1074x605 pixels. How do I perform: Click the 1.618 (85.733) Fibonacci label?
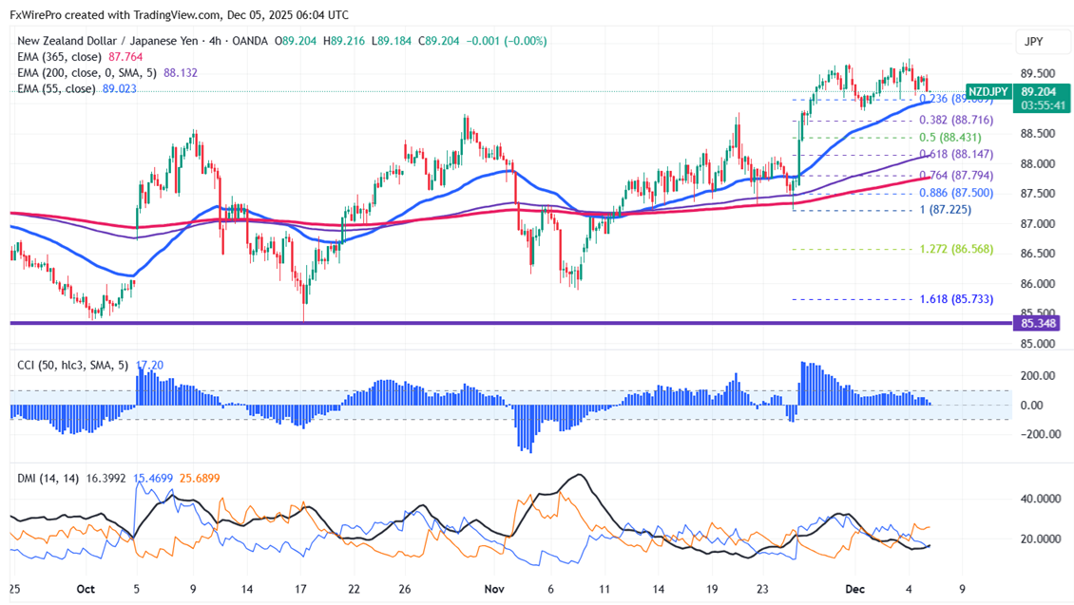[x=956, y=299]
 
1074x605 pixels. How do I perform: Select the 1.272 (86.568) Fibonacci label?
[x=956, y=249]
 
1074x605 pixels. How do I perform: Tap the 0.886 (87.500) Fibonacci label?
[x=957, y=193]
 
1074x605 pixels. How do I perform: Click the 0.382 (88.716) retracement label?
[x=956, y=120]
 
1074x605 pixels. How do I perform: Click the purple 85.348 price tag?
[x=1039, y=324]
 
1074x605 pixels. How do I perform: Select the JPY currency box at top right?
[x=1033, y=42]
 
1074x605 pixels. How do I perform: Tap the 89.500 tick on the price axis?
[x=1038, y=74]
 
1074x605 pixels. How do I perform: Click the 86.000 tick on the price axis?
[x=1038, y=284]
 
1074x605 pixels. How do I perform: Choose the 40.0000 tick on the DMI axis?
[x=1038, y=499]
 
